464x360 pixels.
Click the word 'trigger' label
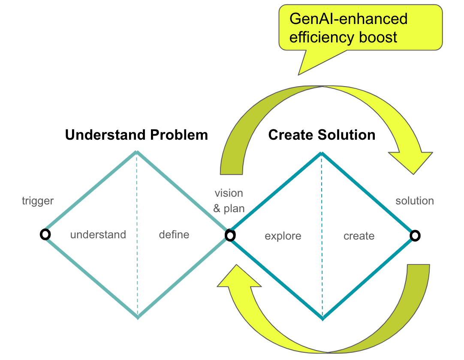click(x=38, y=201)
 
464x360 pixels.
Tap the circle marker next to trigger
click(x=45, y=234)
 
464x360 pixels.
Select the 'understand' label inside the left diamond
click(x=98, y=234)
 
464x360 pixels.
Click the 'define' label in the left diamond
click(x=174, y=234)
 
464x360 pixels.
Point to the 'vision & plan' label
click(x=229, y=201)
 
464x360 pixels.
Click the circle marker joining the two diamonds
click(x=230, y=235)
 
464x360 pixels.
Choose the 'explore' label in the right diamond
click(x=283, y=236)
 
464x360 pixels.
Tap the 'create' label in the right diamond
click(x=359, y=236)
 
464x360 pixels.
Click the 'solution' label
click(x=414, y=201)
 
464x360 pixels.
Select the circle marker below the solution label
click(x=415, y=235)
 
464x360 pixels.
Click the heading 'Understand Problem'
click(x=136, y=135)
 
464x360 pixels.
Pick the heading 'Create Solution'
click(x=322, y=135)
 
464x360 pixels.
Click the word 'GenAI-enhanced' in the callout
click(x=348, y=19)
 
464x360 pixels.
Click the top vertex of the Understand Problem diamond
click(x=136, y=152)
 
